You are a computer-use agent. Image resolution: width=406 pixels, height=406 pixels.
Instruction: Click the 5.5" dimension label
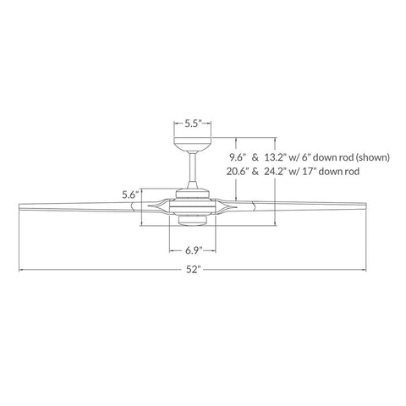(x=193, y=123)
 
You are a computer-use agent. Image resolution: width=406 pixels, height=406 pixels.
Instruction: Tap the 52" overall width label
(x=193, y=270)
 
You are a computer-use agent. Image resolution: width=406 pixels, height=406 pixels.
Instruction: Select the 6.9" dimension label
(x=194, y=250)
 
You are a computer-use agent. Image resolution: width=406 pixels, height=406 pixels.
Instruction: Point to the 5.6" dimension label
(x=131, y=195)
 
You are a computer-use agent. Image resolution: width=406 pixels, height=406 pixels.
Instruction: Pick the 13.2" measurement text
(x=276, y=157)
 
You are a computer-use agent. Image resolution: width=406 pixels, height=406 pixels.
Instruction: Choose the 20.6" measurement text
(x=238, y=172)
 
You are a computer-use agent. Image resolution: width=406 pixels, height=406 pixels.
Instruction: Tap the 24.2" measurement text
(x=276, y=172)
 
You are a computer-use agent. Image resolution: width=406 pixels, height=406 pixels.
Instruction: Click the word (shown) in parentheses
(x=372, y=157)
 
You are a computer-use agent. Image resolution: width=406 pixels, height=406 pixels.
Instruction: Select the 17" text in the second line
(x=310, y=172)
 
